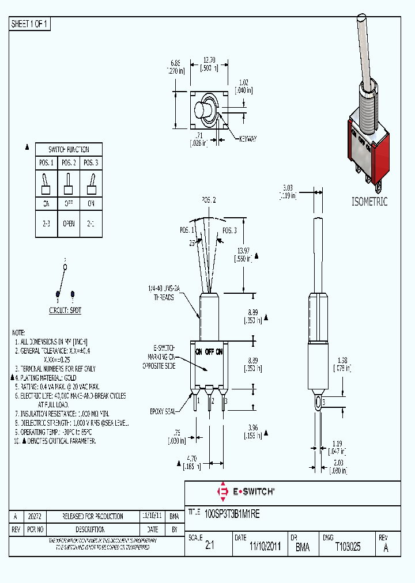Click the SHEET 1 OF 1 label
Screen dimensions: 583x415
pos(30,24)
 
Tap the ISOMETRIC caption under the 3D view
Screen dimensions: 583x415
pos(369,202)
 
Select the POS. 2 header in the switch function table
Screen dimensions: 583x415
pos(69,163)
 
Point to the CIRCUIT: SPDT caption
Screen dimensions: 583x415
pos(65,310)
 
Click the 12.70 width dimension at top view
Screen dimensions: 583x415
pos(210,59)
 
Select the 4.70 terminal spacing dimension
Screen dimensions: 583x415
pos(191,459)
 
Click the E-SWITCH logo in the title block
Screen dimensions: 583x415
pos(246,491)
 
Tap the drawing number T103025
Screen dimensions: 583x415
pos(348,547)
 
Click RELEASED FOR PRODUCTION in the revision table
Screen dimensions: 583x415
pos(92,516)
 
